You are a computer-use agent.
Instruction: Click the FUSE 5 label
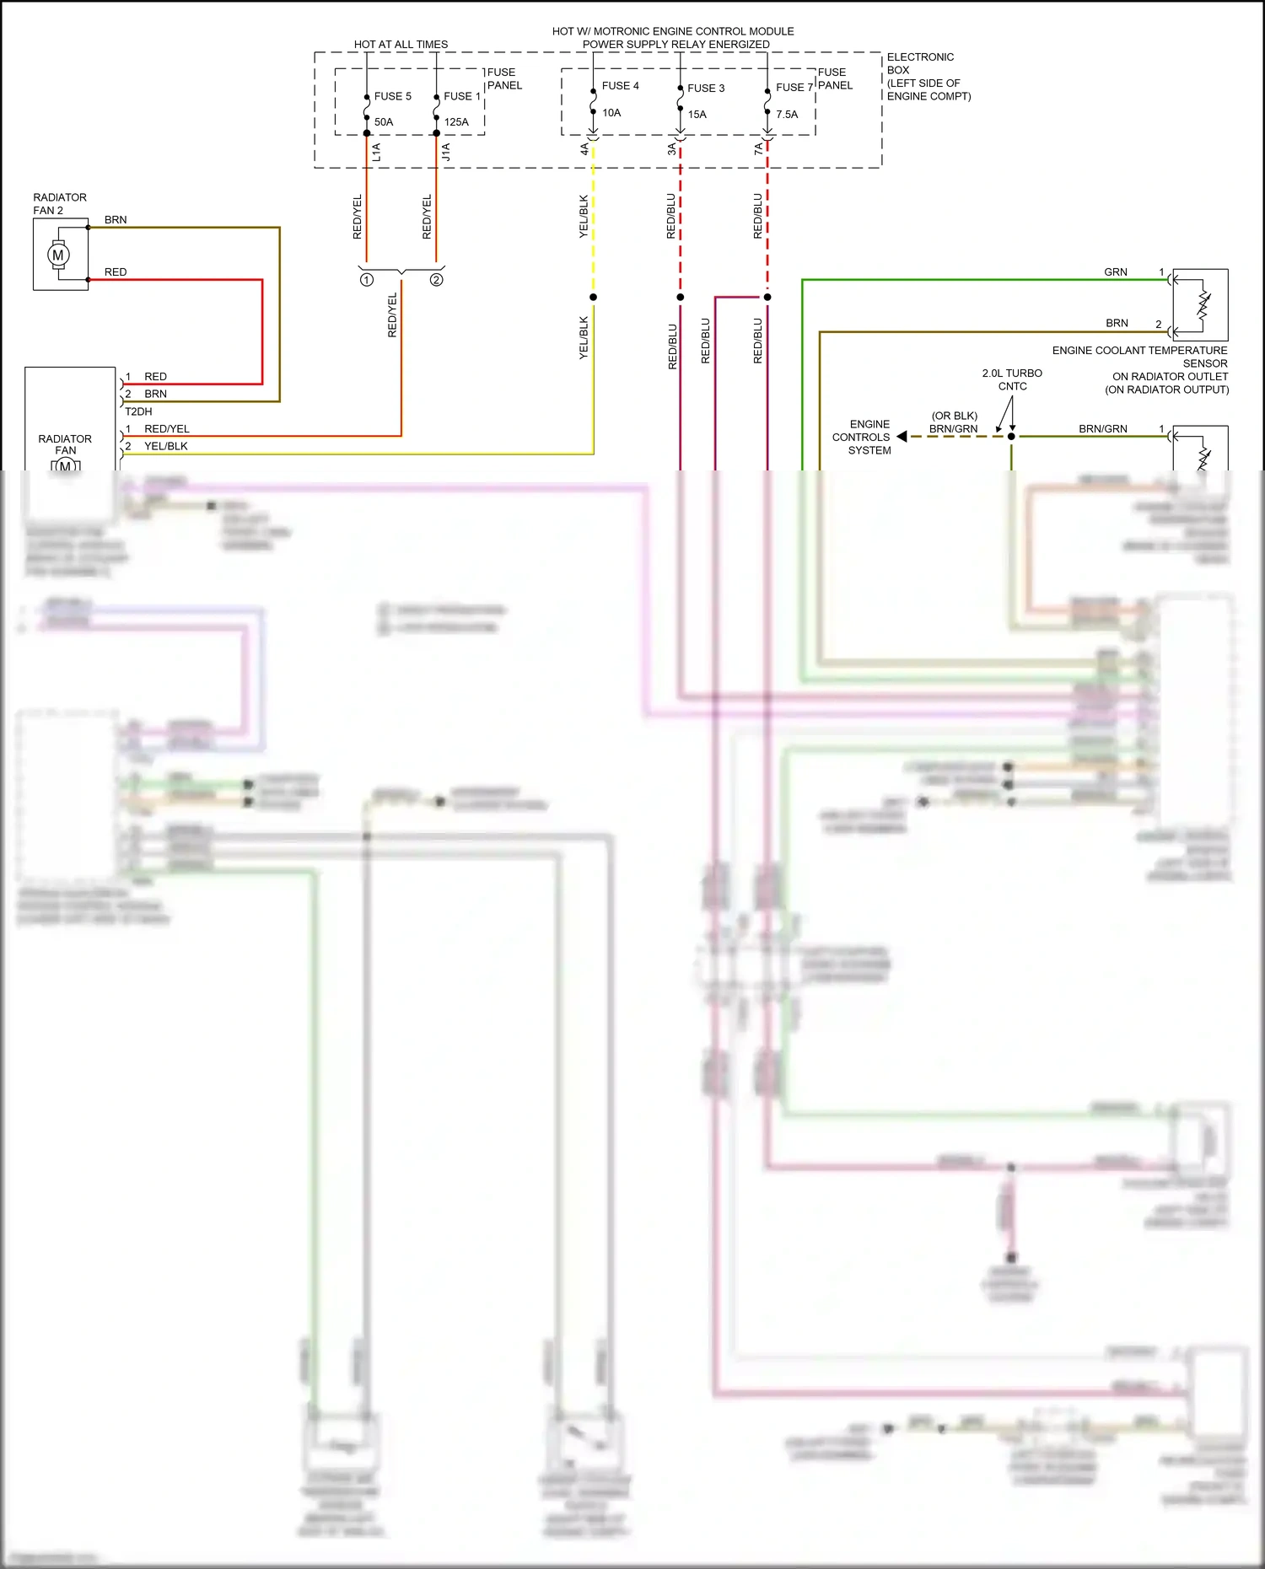coord(392,96)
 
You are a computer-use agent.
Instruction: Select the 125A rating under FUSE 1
coord(456,122)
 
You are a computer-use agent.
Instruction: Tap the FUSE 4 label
coord(620,86)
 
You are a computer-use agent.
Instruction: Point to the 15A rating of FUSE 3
coord(697,115)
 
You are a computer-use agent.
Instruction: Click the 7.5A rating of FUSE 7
coord(786,115)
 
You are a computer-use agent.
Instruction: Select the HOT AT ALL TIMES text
coord(401,45)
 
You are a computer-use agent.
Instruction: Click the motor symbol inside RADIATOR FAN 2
coord(58,255)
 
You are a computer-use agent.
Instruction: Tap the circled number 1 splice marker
coord(367,280)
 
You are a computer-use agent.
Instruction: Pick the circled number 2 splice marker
coord(436,280)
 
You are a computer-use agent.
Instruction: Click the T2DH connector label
coord(138,411)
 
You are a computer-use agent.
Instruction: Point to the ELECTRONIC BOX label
coord(919,63)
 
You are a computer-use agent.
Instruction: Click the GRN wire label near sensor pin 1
coord(1115,272)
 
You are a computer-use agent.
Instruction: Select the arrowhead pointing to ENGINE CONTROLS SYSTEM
coord(902,437)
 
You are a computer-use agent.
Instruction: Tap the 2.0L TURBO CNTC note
coord(1012,379)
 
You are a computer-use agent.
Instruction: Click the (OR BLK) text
coord(954,416)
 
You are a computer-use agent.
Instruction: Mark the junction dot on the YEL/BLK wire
coord(593,297)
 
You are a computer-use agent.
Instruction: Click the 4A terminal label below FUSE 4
coord(584,149)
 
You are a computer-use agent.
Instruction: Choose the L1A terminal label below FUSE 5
coord(376,152)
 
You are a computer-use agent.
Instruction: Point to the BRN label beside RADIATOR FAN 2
coord(116,220)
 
